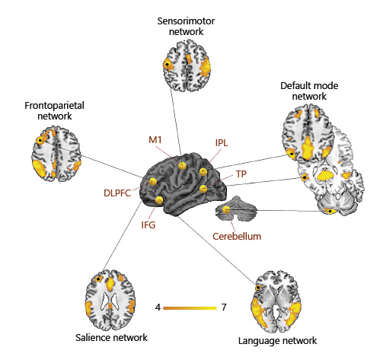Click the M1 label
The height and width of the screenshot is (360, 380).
(155, 140)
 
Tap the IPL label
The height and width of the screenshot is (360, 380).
(222, 142)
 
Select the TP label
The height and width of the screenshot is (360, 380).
(241, 174)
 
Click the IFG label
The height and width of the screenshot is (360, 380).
(149, 225)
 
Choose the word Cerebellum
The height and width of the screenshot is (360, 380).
(237, 237)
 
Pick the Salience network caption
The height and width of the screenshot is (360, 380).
(112, 336)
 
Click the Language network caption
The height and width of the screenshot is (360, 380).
(276, 340)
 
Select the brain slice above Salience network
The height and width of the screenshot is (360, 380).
(110, 298)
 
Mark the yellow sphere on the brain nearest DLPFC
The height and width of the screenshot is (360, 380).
(152, 181)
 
